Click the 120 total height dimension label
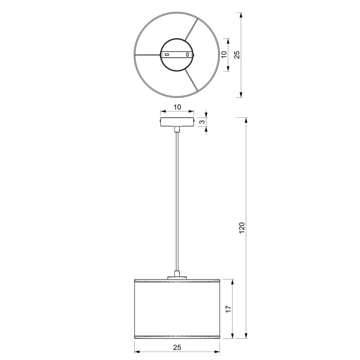coord(242,228)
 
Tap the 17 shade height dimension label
coord(229,309)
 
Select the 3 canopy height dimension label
coord(202,122)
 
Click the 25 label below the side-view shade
coord(177,347)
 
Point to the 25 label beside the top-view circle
coord(237,54)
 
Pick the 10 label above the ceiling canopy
coord(177,107)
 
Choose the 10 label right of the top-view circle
coord(224,54)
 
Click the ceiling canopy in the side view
coord(177,122)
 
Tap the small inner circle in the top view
coord(177,38)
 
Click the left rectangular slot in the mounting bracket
coord(167,55)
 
